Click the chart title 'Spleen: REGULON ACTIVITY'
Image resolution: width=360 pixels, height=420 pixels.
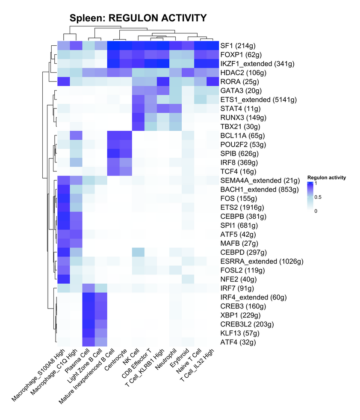(138, 18)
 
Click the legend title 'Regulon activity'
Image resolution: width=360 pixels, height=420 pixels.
(326, 177)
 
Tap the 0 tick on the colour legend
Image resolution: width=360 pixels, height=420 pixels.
(316, 211)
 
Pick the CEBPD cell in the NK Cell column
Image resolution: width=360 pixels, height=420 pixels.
(138, 252)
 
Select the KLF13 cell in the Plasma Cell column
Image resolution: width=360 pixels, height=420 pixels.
(89, 333)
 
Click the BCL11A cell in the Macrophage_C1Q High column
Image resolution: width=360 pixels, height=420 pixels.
(76, 135)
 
